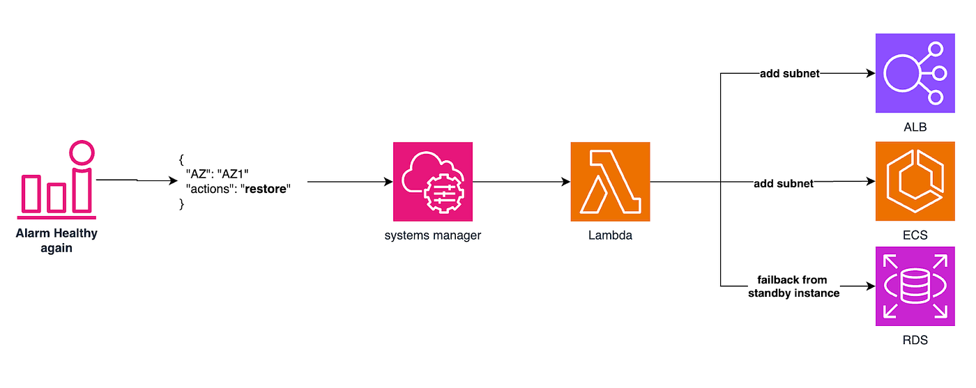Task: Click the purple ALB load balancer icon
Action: click(x=915, y=73)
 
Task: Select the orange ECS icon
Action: click(x=915, y=181)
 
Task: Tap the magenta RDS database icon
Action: click(x=915, y=286)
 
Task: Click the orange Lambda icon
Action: click(x=610, y=182)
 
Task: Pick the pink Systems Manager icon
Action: click(x=433, y=182)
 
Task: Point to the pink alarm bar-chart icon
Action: click(x=56, y=180)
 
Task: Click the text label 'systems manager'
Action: click(x=433, y=235)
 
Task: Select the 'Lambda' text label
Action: click(x=610, y=235)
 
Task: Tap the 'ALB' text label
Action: click(x=915, y=127)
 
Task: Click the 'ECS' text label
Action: click(x=915, y=235)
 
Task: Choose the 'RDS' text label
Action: click(x=915, y=340)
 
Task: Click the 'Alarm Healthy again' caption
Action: click(x=56, y=240)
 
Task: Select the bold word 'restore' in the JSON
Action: click(x=266, y=189)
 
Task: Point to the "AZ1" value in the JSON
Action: click(x=233, y=174)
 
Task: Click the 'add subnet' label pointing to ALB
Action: click(x=789, y=74)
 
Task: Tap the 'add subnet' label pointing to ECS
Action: click(x=784, y=184)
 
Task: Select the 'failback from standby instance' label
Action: click(x=793, y=286)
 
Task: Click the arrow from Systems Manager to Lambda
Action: click(x=521, y=182)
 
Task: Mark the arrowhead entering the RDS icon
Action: click(x=871, y=286)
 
